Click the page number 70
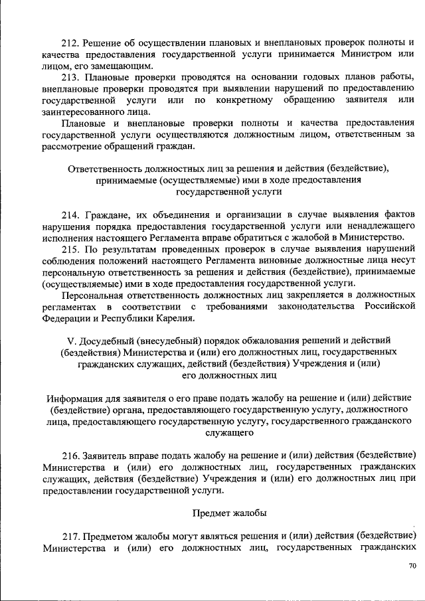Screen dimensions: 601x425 pyautogui.click(x=412, y=566)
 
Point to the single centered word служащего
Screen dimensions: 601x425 pyautogui.click(x=230, y=432)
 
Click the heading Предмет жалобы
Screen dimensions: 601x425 pyautogui.click(x=230, y=512)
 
